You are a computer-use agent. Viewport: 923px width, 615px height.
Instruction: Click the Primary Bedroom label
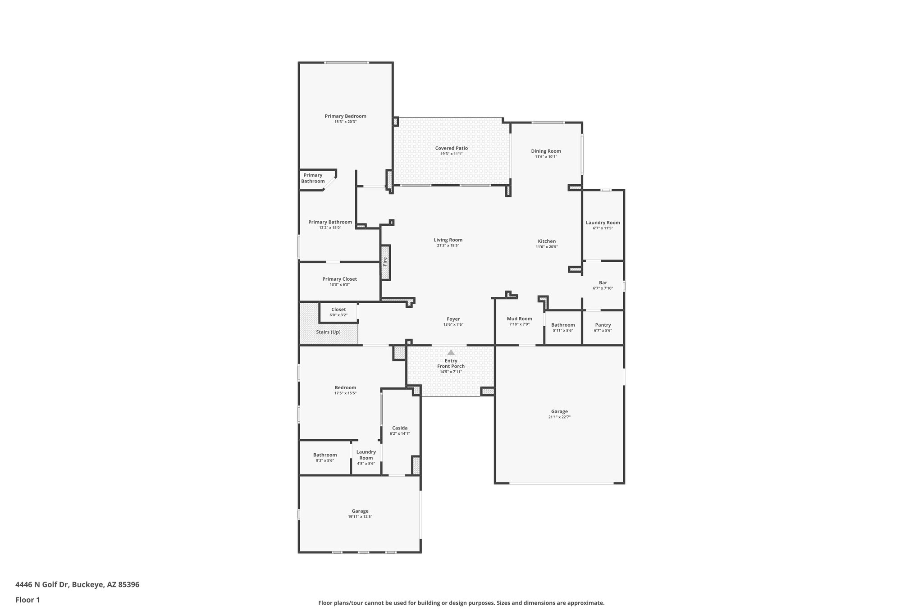tap(345, 116)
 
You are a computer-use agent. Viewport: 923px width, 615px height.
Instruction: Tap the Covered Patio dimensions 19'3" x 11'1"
tap(451, 154)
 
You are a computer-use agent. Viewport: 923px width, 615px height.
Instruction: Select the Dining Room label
tap(546, 151)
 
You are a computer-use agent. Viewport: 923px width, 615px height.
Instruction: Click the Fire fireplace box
tap(385, 262)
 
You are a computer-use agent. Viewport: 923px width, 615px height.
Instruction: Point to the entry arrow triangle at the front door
tap(451, 352)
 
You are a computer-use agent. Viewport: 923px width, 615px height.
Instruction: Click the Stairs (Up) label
tap(328, 332)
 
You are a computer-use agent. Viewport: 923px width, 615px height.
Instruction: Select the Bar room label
tap(603, 283)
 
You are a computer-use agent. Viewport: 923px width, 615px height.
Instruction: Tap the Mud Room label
tap(519, 319)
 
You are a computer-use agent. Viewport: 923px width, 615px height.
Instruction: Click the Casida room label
tap(400, 428)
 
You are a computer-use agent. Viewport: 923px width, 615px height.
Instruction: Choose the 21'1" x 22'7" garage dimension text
tap(559, 417)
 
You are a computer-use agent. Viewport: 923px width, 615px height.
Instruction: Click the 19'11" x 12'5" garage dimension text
tap(360, 517)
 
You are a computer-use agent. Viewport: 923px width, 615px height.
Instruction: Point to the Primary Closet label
tap(339, 279)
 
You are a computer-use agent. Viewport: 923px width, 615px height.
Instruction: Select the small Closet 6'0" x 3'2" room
tap(338, 312)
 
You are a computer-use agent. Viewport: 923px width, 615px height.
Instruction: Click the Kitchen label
tap(547, 241)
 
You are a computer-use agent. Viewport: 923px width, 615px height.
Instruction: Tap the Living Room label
tap(448, 240)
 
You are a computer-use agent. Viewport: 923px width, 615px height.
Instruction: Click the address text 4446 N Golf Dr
tap(77, 585)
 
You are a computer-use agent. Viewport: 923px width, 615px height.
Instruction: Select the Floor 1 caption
tap(27, 600)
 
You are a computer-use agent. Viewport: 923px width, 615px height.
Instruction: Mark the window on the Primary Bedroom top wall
tap(347, 63)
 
